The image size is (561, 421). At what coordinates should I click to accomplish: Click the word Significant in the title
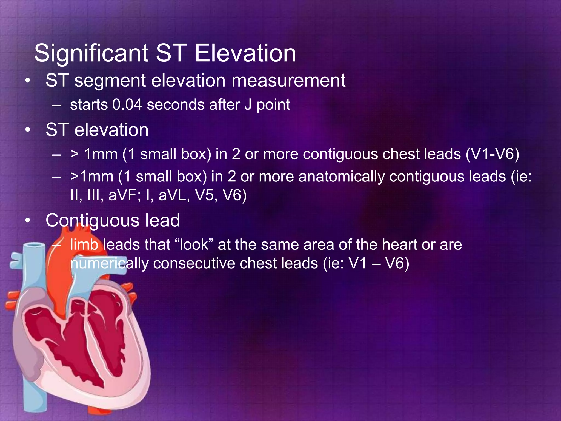tap(91, 53)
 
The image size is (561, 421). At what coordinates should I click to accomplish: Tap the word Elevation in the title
tap(245, 53)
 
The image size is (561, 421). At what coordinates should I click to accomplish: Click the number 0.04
tap(127, 105)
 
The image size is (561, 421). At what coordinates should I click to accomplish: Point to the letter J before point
tap(248, 105)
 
